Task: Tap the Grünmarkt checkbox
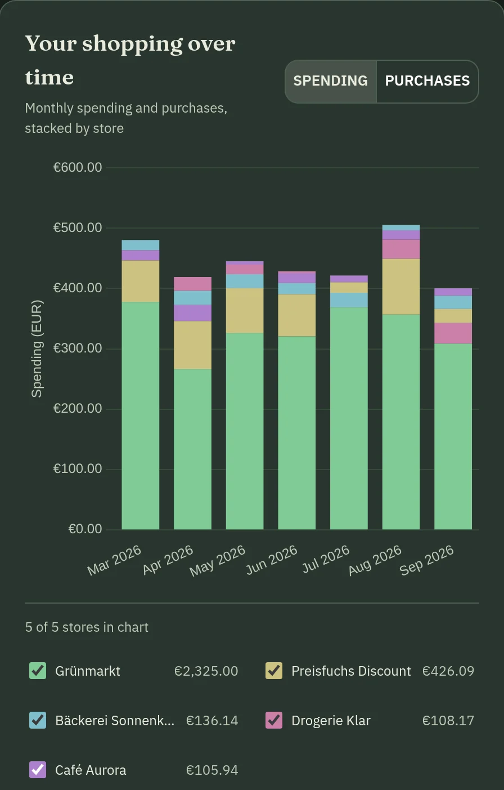38,671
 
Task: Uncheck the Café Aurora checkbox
38,770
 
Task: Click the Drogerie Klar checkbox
274,720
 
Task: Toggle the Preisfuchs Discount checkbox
274,671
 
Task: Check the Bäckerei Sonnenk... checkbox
38,720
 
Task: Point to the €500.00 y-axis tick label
78,227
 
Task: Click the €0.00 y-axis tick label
85,529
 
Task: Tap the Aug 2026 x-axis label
375,560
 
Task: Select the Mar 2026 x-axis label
114,560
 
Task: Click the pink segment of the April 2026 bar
192,284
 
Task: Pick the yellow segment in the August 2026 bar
401,287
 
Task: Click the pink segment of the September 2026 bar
453,333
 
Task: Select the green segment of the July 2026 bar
349,418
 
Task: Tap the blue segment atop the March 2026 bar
141,245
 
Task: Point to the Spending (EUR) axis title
37,349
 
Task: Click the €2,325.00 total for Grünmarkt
206,671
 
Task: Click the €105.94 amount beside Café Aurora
212,770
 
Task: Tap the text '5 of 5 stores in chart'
87,627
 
